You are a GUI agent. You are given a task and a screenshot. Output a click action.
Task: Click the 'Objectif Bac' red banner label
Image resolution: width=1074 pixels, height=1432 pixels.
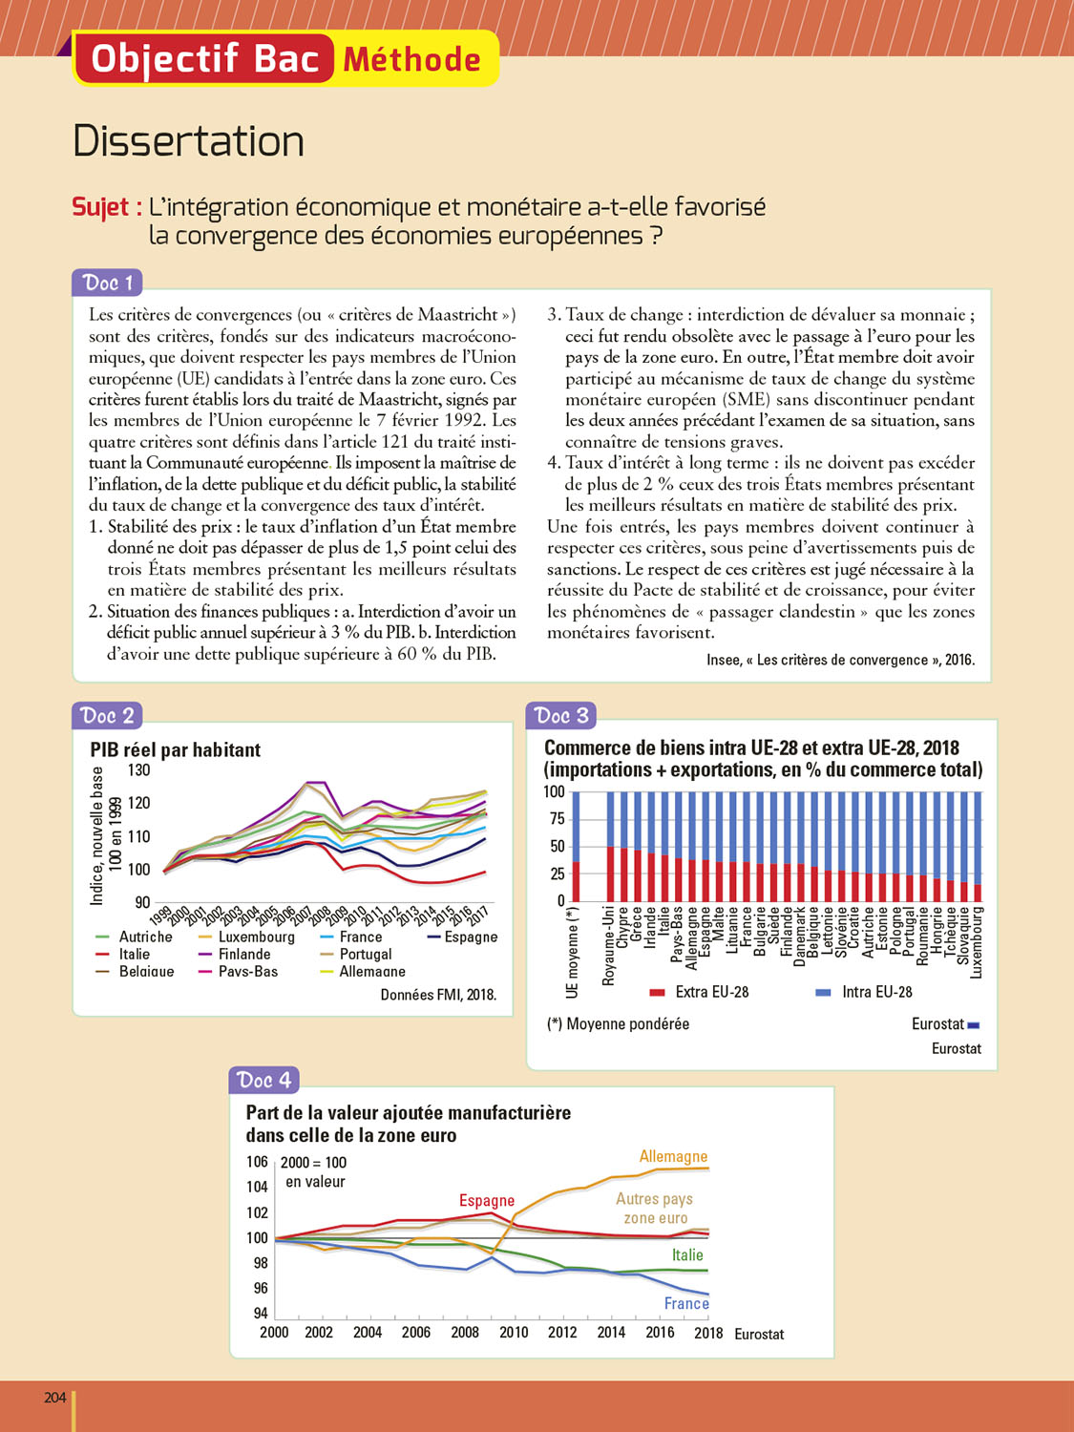click(204, 59)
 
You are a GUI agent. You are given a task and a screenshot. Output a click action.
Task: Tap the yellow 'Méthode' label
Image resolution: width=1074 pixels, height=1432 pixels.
click(412, 60)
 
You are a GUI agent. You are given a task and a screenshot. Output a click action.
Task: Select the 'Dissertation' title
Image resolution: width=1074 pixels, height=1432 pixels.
click(188, 141)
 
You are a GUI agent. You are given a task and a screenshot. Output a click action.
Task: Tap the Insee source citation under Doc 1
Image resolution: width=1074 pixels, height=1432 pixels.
click(840, 660)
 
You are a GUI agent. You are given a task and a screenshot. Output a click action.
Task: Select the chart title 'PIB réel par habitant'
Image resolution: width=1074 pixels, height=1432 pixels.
click(175, 750)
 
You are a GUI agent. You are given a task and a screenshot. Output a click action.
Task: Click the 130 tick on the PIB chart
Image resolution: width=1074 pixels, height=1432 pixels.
click(138, 770)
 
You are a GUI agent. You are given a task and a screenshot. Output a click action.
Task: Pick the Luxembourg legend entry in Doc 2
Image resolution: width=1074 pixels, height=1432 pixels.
click(256, 937)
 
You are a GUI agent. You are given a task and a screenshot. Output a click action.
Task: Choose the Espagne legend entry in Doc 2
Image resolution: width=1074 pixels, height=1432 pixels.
click(471, 937)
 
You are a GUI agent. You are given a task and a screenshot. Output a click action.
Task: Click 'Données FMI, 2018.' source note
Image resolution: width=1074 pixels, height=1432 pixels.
click(438, 995)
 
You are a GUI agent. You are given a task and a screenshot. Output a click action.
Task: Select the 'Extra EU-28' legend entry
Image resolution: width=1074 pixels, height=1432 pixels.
click(711, 992)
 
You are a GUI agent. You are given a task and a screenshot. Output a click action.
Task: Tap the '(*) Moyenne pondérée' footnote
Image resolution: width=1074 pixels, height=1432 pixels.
click(618, 1024)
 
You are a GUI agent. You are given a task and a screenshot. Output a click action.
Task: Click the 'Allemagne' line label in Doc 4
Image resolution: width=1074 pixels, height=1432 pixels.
click(673, 1157)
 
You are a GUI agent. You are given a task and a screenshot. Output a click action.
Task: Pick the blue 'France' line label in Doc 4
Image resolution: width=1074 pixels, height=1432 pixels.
click(686, 1304)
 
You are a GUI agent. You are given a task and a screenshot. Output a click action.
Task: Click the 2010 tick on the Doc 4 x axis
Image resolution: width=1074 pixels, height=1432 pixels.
click(514, 1333)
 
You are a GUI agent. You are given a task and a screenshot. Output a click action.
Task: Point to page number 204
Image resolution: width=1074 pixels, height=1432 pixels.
click(55, 1398)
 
